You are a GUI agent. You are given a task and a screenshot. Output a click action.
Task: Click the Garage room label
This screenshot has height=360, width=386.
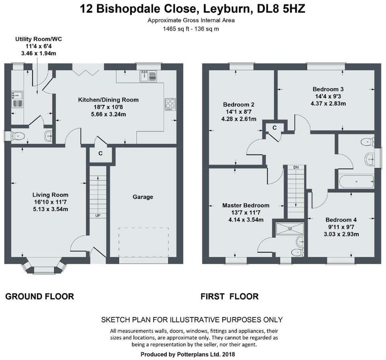tap(143, 197)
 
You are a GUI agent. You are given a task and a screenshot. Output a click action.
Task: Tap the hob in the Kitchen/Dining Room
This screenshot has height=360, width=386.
tap(170, 105)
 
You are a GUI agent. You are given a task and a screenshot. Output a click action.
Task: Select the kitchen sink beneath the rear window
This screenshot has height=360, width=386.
tap(148, 76)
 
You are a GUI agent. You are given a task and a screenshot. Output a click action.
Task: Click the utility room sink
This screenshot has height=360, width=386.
tap(17, 99)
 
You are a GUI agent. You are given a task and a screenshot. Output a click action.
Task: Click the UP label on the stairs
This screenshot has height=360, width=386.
tap(98, 216)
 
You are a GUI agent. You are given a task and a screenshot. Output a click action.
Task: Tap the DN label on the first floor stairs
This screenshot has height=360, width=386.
tap(296, 167)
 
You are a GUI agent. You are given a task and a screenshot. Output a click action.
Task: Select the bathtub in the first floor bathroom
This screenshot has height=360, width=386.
tap(357, 181)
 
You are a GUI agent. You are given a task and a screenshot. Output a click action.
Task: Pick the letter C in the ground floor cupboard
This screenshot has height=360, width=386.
tap(101, 153)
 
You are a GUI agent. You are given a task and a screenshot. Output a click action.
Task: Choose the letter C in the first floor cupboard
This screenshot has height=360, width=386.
tap(275, 128)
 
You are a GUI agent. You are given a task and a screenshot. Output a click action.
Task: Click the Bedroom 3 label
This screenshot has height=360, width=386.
tap(328, 89)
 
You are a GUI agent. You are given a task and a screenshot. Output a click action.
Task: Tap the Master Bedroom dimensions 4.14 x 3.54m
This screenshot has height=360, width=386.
tap(246, 220)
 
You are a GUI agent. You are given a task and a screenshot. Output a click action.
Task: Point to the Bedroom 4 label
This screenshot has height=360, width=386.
tap(341, 220)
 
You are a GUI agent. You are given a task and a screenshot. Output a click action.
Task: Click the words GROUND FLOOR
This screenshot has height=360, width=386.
tap(40, 296)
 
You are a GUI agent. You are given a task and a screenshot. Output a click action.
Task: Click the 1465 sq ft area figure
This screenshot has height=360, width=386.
tap(176, 29)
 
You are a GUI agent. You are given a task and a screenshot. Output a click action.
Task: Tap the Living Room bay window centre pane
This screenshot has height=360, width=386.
tap(41, 270)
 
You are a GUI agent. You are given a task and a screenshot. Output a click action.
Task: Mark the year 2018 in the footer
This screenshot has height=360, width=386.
tap(228, 354)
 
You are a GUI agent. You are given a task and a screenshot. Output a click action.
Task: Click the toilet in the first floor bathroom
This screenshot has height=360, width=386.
tap(368, 142)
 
